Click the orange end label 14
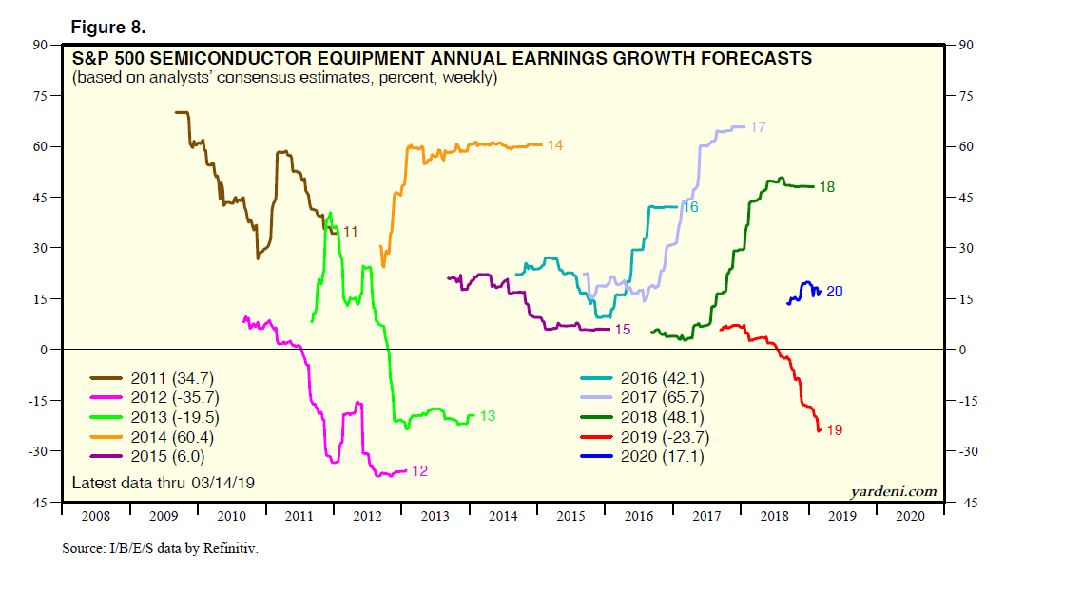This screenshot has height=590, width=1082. (555, 145)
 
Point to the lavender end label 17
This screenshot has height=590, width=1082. (758, 127)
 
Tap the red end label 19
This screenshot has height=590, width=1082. (834, 430)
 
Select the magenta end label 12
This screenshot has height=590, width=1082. (419, 471)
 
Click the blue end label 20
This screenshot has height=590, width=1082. (834, 292)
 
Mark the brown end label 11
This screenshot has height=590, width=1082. (350, 232)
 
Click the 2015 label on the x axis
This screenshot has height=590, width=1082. (570, 516)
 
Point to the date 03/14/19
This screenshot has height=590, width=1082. (222, 483)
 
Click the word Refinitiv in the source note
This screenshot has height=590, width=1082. (228, 549)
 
